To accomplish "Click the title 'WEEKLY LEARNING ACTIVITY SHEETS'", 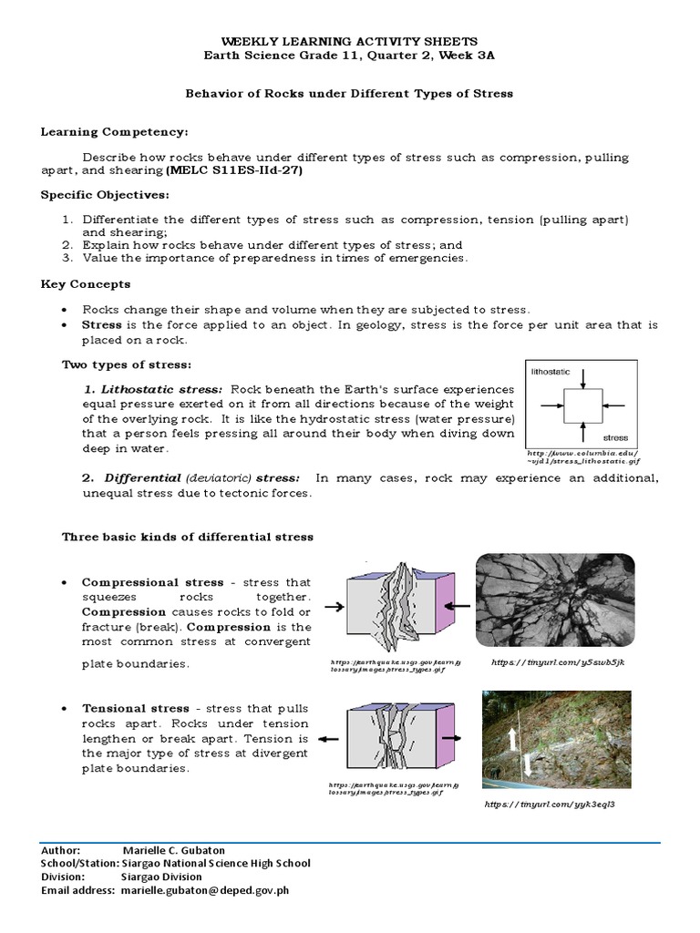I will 349,42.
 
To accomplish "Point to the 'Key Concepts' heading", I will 86,284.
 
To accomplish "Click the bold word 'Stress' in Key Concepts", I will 101,324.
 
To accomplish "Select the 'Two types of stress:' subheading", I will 126,364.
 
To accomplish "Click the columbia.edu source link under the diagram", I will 583,456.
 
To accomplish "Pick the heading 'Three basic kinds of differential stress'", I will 187,537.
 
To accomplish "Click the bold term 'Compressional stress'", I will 152,582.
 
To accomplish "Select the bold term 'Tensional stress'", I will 136,708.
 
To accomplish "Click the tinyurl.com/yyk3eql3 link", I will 543,805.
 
